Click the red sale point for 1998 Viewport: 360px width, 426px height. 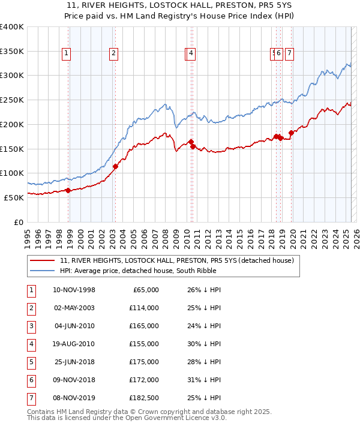point(68,190)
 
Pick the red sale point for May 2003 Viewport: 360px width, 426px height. point(115,166)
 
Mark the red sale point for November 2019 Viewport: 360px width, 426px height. point(291,133)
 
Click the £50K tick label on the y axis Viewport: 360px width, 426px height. point(14,197)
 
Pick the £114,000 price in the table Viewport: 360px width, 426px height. point(144,308)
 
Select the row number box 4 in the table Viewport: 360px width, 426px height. point(31,344)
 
